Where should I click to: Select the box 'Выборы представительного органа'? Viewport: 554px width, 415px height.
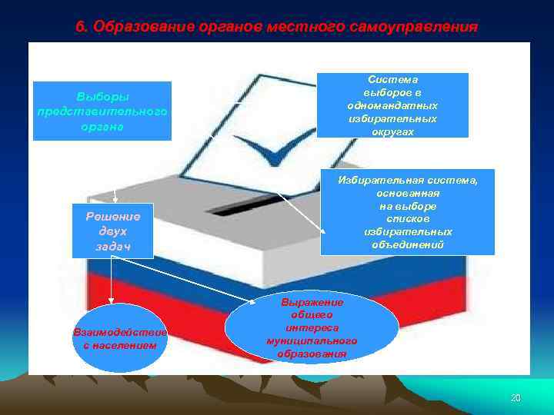point(102,111)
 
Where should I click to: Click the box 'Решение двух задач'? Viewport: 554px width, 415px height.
point(113,231)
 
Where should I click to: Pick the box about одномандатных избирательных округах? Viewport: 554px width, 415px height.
point(392,105)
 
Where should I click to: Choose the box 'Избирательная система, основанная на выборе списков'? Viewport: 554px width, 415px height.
point(407,212)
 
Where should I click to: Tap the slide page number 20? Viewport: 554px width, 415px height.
point(516,397)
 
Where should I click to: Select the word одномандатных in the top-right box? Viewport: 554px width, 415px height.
point(392,105)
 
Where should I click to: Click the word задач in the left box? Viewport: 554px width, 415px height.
point(113,245)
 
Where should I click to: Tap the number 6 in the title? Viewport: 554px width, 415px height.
point(80,27)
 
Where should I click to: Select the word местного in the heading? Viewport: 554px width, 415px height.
point(300,27)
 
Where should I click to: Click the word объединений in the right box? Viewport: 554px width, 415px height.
point(408,244)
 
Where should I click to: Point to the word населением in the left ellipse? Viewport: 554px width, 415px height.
point(119,346)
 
